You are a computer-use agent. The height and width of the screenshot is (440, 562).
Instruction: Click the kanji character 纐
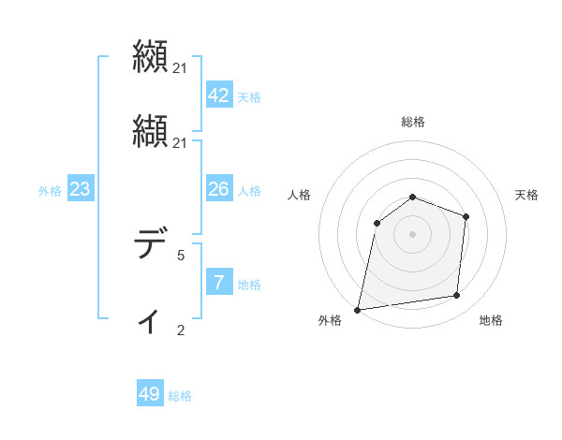[x=150, y=55]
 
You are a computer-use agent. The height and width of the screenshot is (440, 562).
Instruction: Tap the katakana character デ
[x=150, y=245]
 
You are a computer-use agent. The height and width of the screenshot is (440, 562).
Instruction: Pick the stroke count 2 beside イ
[x=181, y=330]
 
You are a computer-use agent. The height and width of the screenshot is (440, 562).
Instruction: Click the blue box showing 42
[x=218, y=95]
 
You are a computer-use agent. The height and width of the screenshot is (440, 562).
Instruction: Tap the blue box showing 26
[x=218, y=189]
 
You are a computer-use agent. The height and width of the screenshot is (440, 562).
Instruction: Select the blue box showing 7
[x=218, y=283]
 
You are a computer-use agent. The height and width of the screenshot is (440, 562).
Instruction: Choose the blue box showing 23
[x=80, y=189]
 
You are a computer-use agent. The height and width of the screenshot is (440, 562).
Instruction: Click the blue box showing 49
[x=150, y=394]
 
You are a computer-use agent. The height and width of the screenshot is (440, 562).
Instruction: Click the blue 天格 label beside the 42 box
[x=249, y=97]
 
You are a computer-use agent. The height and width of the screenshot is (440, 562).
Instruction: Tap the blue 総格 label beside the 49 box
[x=180, y=396]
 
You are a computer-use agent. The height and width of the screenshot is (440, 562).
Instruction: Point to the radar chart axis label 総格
[x=413, y=122]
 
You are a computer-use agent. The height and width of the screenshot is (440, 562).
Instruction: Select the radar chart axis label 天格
[x=527, y=195]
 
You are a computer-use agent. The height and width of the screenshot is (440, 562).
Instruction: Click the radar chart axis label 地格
[x=491, y=321]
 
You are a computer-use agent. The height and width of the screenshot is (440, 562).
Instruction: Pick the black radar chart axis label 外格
[x=330, y=321]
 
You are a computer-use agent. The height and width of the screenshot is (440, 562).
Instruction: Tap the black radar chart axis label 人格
[x=300, y=195]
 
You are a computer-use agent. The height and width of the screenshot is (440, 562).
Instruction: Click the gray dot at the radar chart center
[x=413, y=233]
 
